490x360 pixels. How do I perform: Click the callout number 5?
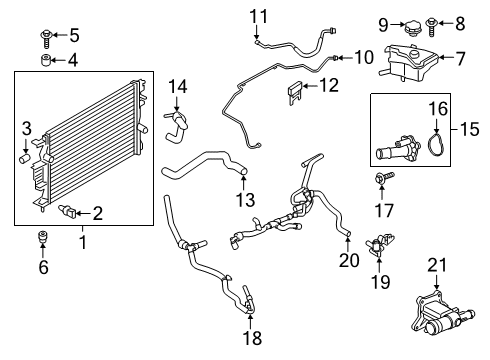[x=73, y=36]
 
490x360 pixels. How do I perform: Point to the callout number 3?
[x=28, y=127]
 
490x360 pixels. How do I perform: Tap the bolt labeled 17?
[x=383, y=180]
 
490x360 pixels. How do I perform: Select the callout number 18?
[x=253, y=339]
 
